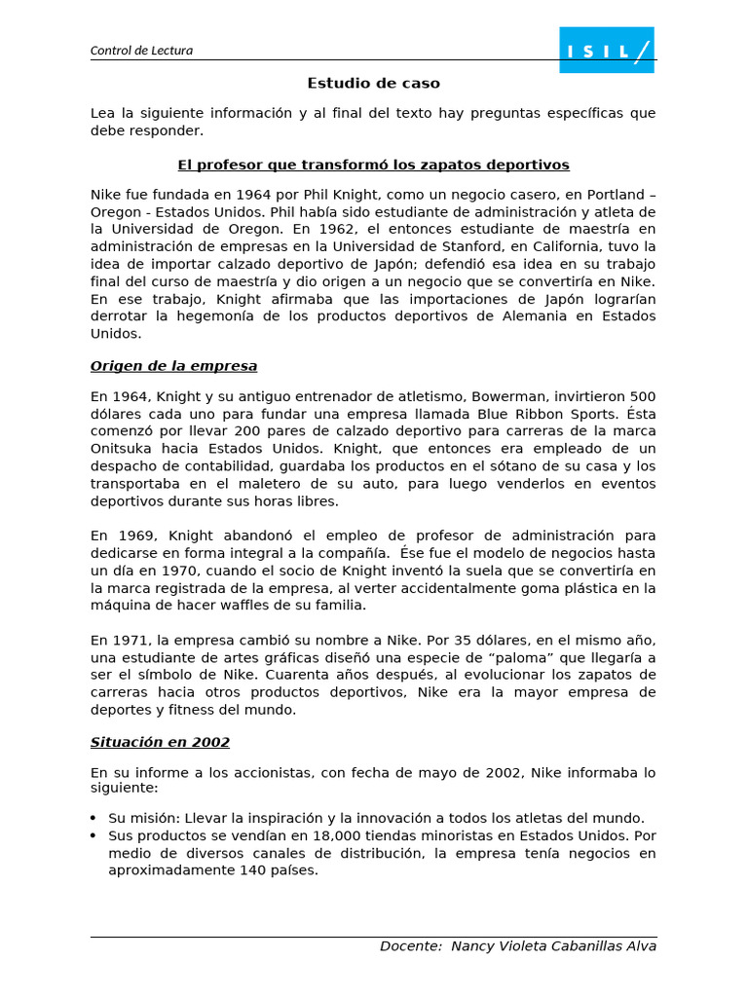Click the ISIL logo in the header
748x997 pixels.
tap(606, 50)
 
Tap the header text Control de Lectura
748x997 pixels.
tap(141, 51)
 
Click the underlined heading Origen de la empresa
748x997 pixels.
tap(173, 366)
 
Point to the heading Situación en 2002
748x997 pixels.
tap(160, 742)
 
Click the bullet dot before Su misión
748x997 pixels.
tap(93, 819)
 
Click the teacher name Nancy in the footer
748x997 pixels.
tap(476, 946)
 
